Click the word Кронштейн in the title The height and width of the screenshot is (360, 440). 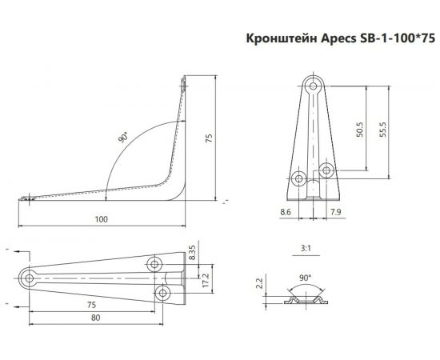coord(276,38)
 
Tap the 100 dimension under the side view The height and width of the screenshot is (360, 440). coord(101,218)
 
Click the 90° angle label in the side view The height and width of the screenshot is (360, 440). coord(122,138)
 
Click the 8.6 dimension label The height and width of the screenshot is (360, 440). coord(286,212)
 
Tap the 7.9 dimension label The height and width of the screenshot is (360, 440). coord(337,212)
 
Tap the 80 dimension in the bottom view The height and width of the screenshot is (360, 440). coord(95,318)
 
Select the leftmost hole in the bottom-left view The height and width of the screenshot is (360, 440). coord(30,278)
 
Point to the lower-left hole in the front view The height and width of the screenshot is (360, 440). coord(299,177)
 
